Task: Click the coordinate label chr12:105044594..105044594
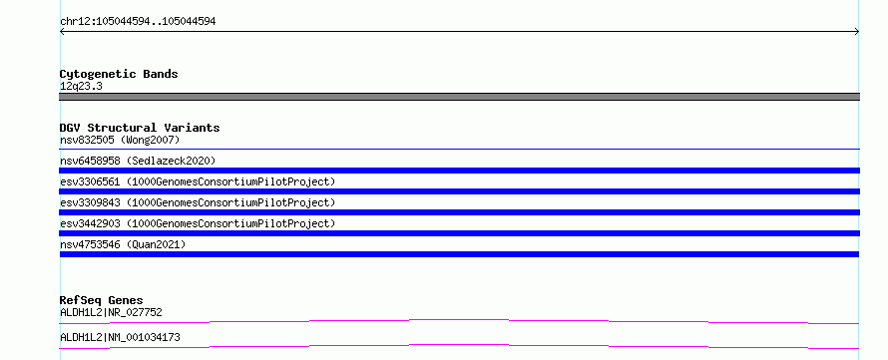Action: [x=138, y=22]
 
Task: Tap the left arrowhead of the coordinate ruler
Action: [x=61, y=32]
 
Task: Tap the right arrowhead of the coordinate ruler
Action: [x=857, y=32]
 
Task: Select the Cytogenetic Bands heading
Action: [x=119, y=74]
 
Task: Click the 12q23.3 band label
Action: [x=81, y=87]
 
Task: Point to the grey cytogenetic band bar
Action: [x=459, y=97]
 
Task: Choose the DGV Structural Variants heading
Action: [x=140, y=128]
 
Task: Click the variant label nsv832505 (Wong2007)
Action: [x=120, y=140]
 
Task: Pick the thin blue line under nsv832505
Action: [x=459, y=149]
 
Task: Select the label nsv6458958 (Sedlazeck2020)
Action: [x=138, y=161]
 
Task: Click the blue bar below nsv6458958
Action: [x=459, y=171]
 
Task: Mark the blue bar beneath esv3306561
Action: [x=459, y=191]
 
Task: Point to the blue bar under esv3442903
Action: [x=459, y=233]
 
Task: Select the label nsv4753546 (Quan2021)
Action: [x=123, y=244]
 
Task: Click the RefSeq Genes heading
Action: [x=102, y=300]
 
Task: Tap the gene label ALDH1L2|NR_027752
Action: [x=111, y=312]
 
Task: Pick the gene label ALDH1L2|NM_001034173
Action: [x=120, y=337]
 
